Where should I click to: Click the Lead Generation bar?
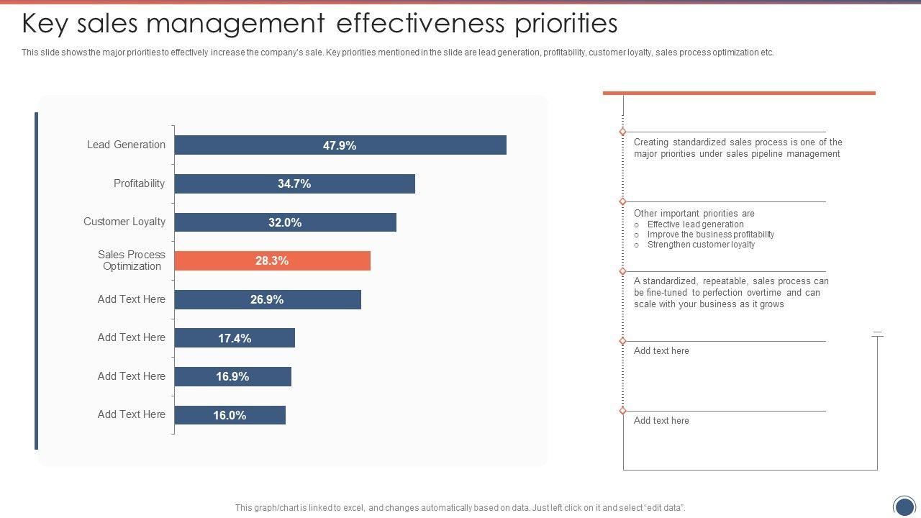pos(340,145)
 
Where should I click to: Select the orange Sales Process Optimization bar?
pos(272,261)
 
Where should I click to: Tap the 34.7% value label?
pos(294,184)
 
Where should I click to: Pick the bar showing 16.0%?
pos(230,415)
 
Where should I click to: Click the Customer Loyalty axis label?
pos(124,222)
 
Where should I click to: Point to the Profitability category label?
pos(139,183)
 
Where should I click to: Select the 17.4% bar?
pos(235,338)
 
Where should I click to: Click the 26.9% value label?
pos(267,299)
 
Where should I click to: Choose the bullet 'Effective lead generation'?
pos(695,224)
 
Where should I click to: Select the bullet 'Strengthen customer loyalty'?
pos(701,245)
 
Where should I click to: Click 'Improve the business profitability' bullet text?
pos(710,235)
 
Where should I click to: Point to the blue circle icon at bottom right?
pos(904,506)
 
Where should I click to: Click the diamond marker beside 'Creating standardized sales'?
pos(622,132)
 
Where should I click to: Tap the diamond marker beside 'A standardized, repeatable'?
pos(622,272)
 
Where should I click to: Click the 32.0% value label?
pos(285,223)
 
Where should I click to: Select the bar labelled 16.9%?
pos(232,376)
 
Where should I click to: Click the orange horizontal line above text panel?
pos(739,93)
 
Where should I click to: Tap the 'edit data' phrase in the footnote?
pos(663,508)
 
